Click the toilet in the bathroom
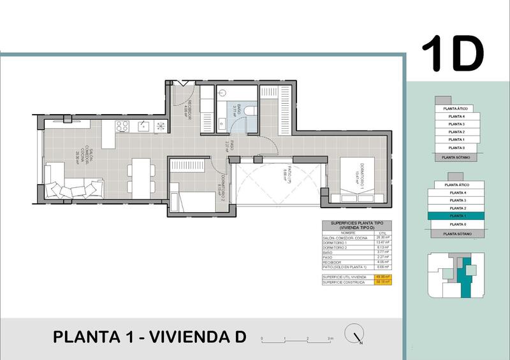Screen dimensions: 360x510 [x=251, y=112]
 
